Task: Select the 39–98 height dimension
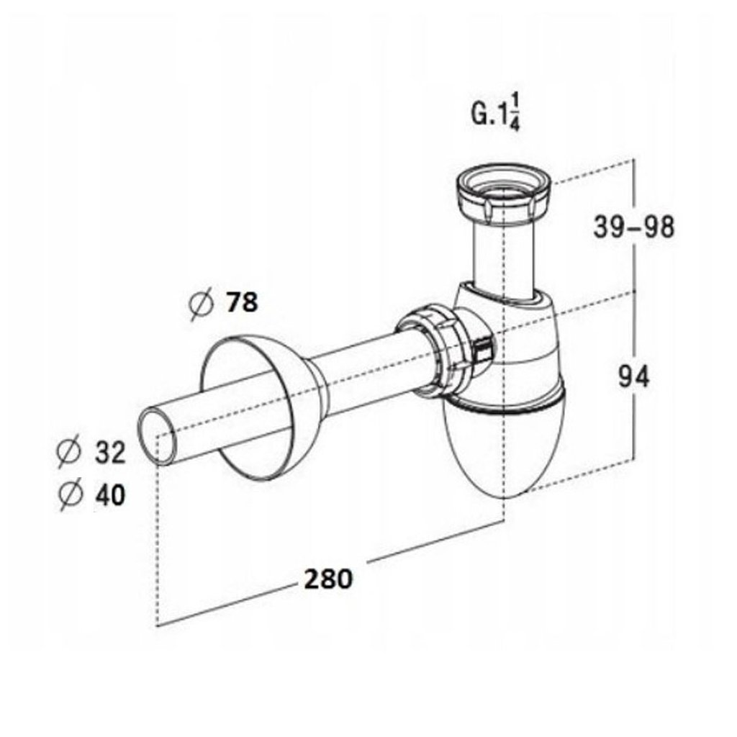[x=634, y=227]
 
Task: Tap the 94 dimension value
[x=634, y=376]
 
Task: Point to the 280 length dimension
[x=327, y=578]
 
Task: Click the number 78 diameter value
[x=240, y=303]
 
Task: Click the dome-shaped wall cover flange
[x=259, y=407]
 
